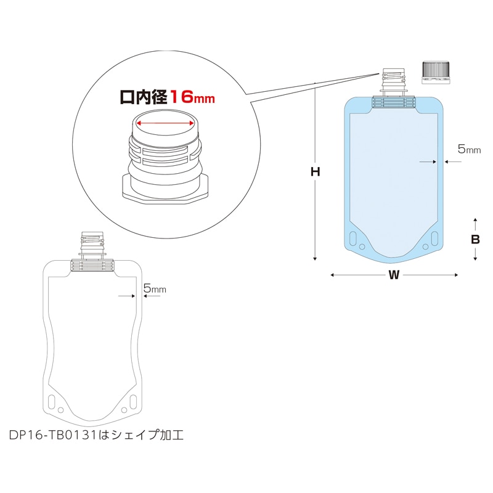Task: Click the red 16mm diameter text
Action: pos(192,97)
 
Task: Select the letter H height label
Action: pos(315,173)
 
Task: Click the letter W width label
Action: pos(394,275)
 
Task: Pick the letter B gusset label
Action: pos(475,240)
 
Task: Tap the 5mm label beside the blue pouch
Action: pos(469,149)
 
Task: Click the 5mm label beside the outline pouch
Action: pos(154,288)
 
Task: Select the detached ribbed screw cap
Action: pos(436,72)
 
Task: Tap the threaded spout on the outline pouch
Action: pos(93,244)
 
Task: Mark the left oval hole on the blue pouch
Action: pos(353,237)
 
